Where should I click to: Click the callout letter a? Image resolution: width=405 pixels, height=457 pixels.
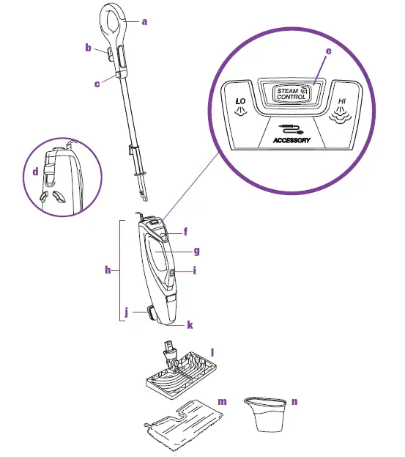click(144, 22)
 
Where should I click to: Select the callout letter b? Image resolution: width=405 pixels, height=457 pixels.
click(88, 48)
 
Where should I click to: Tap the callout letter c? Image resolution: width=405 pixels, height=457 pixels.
click(97, 84)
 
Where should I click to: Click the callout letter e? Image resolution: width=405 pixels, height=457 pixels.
click(329, 52)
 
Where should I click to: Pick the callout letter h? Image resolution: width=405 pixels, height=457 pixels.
click(108, 270)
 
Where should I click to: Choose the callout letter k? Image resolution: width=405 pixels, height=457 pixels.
click(189, 323)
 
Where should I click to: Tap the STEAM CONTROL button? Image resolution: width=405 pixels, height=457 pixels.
click(291, 93)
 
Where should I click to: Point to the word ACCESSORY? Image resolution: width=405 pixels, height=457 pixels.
click(291, 139)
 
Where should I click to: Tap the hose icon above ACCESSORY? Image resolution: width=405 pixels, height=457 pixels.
click(290, 128)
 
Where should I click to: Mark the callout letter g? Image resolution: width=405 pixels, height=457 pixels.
click(196, 250)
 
